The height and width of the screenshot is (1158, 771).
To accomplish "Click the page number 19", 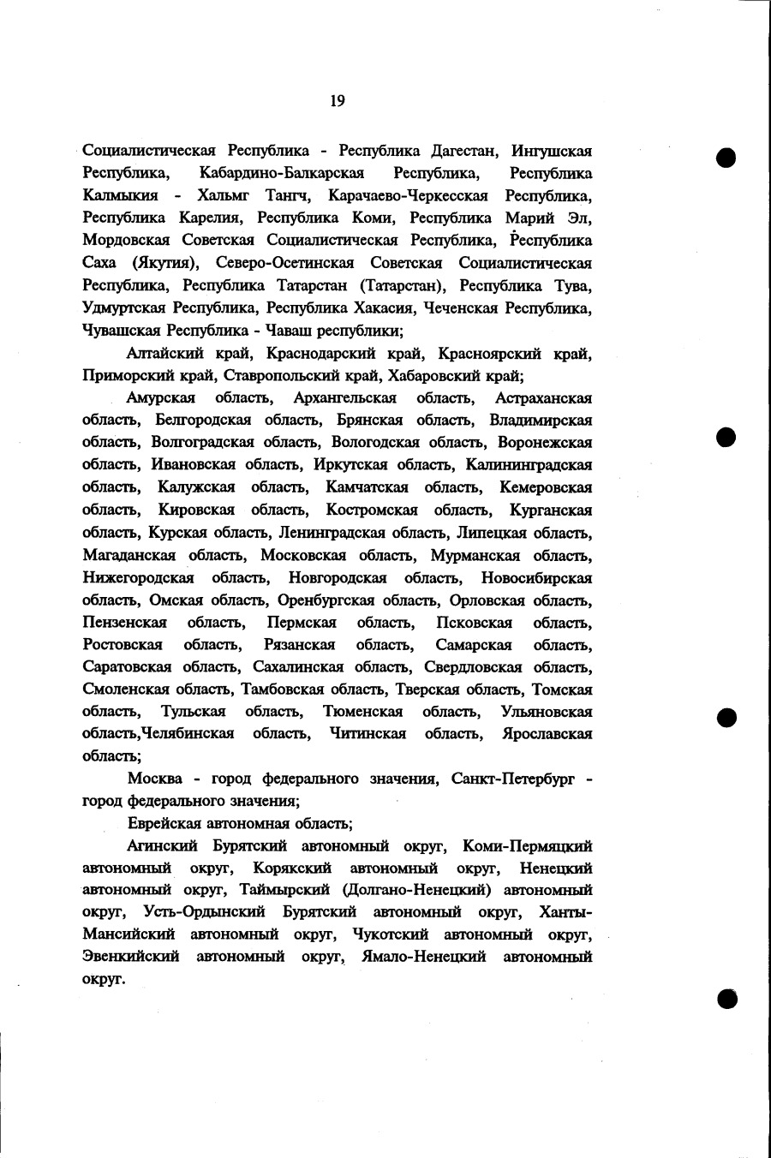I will [x=337, y=101].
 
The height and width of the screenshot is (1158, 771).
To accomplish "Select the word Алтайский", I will [x=163, y=353].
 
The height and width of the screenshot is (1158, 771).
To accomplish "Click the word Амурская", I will [x=161, y=397].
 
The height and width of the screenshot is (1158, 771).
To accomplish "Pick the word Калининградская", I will [x=529, y=465].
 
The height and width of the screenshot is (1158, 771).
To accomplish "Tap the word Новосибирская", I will [x=536, y=577].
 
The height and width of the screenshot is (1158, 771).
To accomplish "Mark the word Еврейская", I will [x=163, y=824].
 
